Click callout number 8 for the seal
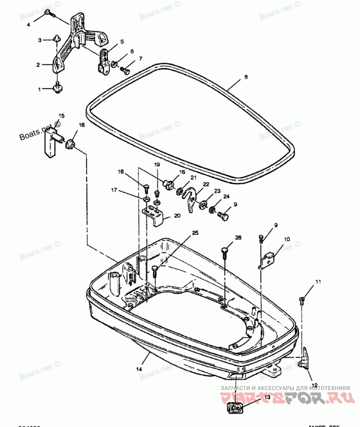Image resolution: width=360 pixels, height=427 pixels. tap(246, 77)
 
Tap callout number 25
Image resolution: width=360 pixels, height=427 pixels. tap(195, 233)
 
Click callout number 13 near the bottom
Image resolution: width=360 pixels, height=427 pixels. tap(267, 397)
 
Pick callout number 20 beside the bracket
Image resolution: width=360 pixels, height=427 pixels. tap(177, 216)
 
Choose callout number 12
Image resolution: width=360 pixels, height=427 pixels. tap(315, 385)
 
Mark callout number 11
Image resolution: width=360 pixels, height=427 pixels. tap(318, 282)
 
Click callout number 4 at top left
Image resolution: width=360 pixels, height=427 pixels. tap(28, 25)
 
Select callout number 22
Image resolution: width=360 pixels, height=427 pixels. tap(206, 184)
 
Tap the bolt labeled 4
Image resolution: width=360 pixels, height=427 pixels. tap(49, 15)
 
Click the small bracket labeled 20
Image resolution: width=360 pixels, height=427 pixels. tap(154, 216)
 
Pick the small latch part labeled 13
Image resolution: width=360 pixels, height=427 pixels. tap(236, 408)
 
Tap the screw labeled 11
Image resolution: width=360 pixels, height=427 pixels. tap(302, 300)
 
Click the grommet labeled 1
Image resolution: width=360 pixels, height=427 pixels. tap(58, 88)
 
